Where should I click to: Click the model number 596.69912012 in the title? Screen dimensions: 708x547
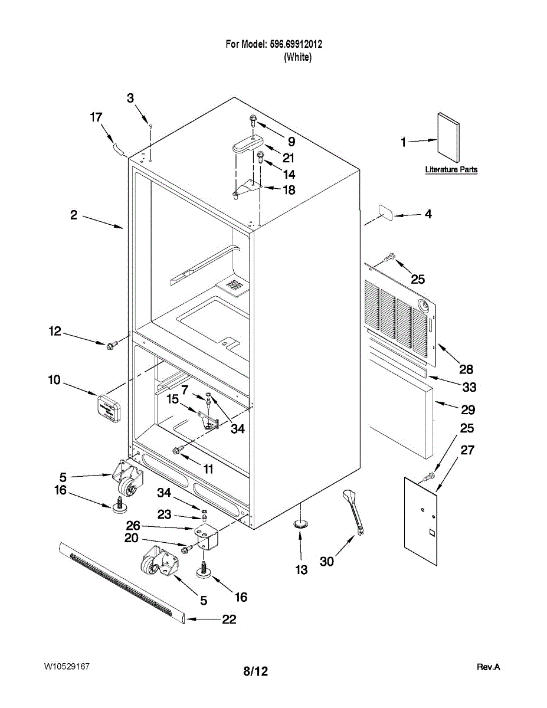click(x=296, y=44)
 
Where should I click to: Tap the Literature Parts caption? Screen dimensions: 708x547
click(x=451, y=170)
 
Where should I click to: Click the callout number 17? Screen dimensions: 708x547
click(x=96, y=117)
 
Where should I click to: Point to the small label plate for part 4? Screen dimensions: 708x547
click(x=384, y=212)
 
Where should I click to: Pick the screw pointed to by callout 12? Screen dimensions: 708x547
click(x=110, y=345)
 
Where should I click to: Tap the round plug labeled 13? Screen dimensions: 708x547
click(x=302, y=523)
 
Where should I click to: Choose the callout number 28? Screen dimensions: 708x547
click(x=466, y=369)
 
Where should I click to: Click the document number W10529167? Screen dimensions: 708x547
click(x=67, y=667)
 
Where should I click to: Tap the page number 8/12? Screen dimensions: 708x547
click(x=256, y=671)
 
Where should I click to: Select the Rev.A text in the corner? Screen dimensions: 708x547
click(x=488, y=667)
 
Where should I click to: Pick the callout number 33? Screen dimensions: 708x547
click(x=469, y=388)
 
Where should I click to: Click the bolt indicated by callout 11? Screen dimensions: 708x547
click(x=177, y=451)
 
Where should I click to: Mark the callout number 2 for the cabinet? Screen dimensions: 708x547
click(x=74, y=215)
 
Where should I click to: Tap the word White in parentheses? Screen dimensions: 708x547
click(x=297, y=57)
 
